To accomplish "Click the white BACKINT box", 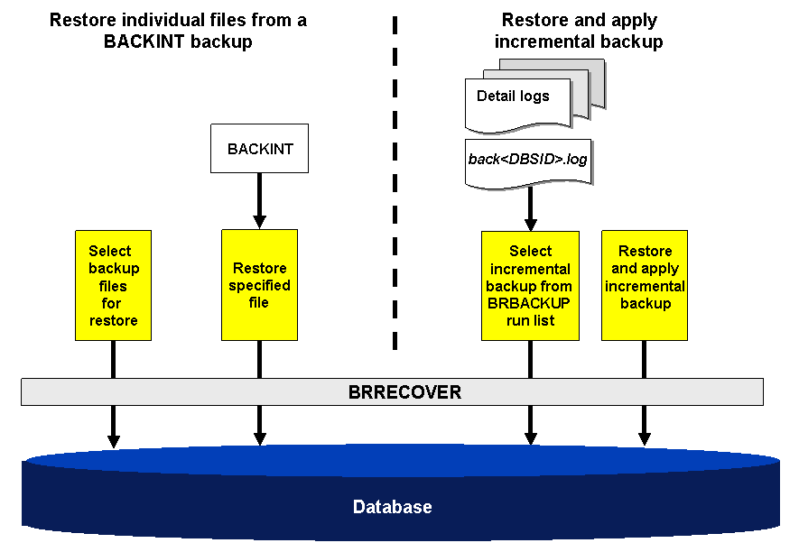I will pos(259,149).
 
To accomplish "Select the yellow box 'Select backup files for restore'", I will pos(113,285).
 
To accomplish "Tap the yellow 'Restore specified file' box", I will pos(259,285).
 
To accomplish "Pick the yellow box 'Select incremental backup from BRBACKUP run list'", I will pos(530,285).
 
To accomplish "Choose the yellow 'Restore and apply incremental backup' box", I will pos(645,285).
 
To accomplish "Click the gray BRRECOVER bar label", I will pos(392,392).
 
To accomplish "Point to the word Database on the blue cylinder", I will pos(392,507).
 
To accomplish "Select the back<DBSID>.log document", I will pos(528,160).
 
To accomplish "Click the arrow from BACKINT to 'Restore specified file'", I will pos(259,199).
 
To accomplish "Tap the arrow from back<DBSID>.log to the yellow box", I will pos(530,209).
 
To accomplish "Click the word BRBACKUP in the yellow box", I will pos(530,303).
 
